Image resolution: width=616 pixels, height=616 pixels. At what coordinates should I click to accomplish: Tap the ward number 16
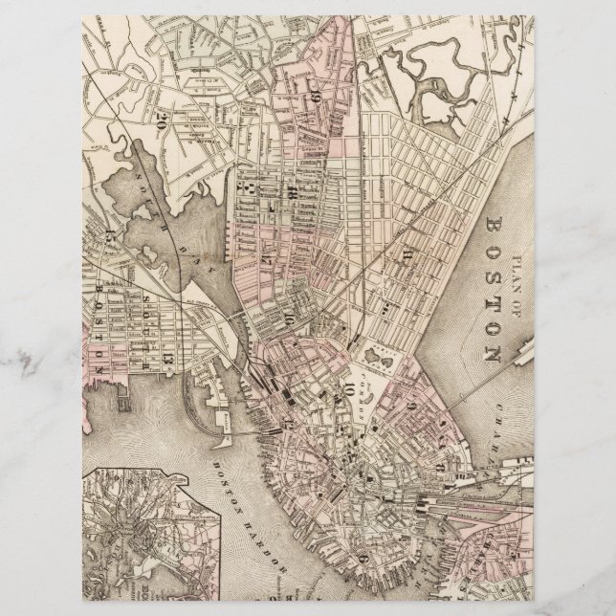285,319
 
